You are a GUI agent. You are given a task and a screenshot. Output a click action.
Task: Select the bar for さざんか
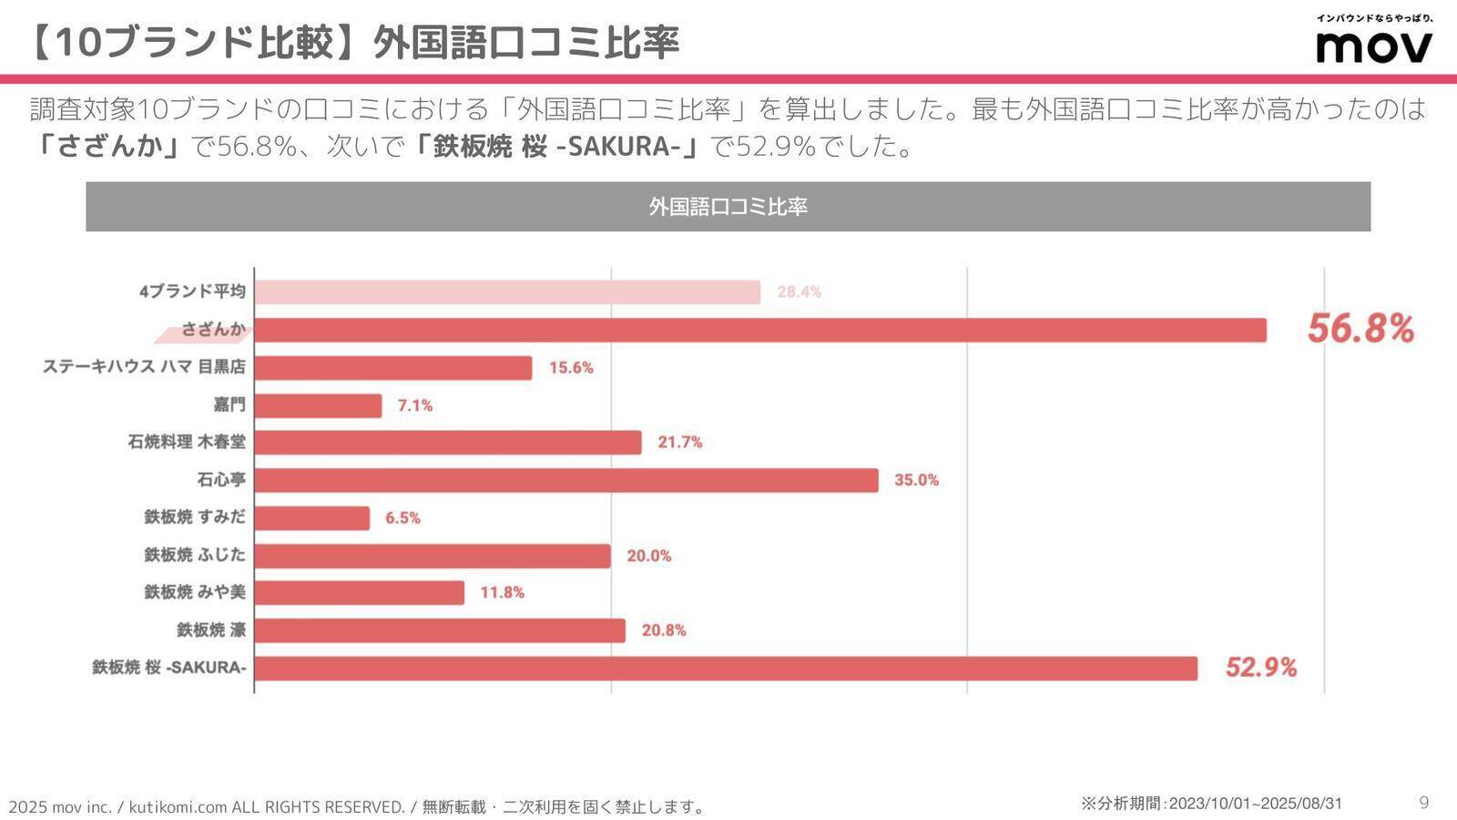pos(759,330)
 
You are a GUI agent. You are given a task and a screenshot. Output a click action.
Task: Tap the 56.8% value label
pos(1360,329)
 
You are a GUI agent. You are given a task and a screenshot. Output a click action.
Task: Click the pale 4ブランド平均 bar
pos(507,292)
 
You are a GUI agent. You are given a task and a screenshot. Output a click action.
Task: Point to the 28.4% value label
pos(799,292)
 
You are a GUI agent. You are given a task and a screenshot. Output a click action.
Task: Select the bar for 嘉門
pos(318,405)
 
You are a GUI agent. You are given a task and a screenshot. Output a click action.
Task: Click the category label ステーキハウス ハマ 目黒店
pos(144,367)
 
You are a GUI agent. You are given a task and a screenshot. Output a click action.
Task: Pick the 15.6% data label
pos(571,368)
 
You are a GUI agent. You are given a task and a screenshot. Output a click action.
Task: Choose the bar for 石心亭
pos(565,480)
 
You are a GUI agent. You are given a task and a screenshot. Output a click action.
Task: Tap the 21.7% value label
pos(680,443)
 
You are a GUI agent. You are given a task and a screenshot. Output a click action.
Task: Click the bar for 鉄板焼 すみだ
pos(312,518)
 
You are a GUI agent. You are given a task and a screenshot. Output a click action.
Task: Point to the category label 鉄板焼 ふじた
pos(195,555)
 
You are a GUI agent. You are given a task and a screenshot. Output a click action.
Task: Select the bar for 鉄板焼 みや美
pos(360,593)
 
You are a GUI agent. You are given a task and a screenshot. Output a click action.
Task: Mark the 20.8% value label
pos(664,630)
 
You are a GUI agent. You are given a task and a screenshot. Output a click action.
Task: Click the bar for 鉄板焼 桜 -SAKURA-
pos(726,668)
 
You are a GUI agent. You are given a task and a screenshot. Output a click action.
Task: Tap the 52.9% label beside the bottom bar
pos(1260,668)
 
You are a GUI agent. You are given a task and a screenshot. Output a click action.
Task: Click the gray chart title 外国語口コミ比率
pos(728,207)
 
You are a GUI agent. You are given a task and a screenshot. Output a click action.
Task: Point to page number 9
pos(1424,803)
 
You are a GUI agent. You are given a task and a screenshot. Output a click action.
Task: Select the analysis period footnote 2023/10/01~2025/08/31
pos(1211,804)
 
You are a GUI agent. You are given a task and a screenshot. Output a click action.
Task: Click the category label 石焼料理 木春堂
pos(187,443)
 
